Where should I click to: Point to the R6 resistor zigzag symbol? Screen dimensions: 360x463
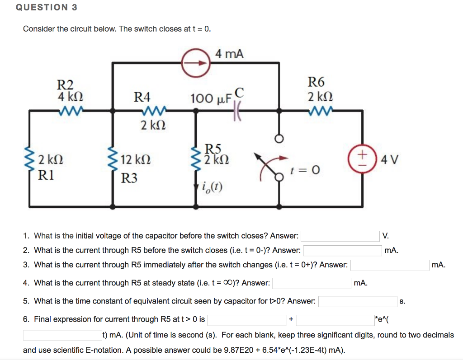[x=320, y=109]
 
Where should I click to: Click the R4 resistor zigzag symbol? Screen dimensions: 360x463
[x=155, y=110]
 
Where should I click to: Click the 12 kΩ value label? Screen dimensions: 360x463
[x=136, y=160]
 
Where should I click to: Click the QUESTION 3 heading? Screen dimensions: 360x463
[x=47, y=8]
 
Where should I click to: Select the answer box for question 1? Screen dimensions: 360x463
[x=340, y=236]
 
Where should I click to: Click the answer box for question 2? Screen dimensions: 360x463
[x=342, y=250]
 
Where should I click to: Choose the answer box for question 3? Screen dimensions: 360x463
[x=390, y=265]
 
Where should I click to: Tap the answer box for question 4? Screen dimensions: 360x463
[x=312, y=283]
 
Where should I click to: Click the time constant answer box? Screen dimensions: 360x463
[x=358, y=301]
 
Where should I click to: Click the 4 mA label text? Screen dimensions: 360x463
[x=229, y=54]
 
